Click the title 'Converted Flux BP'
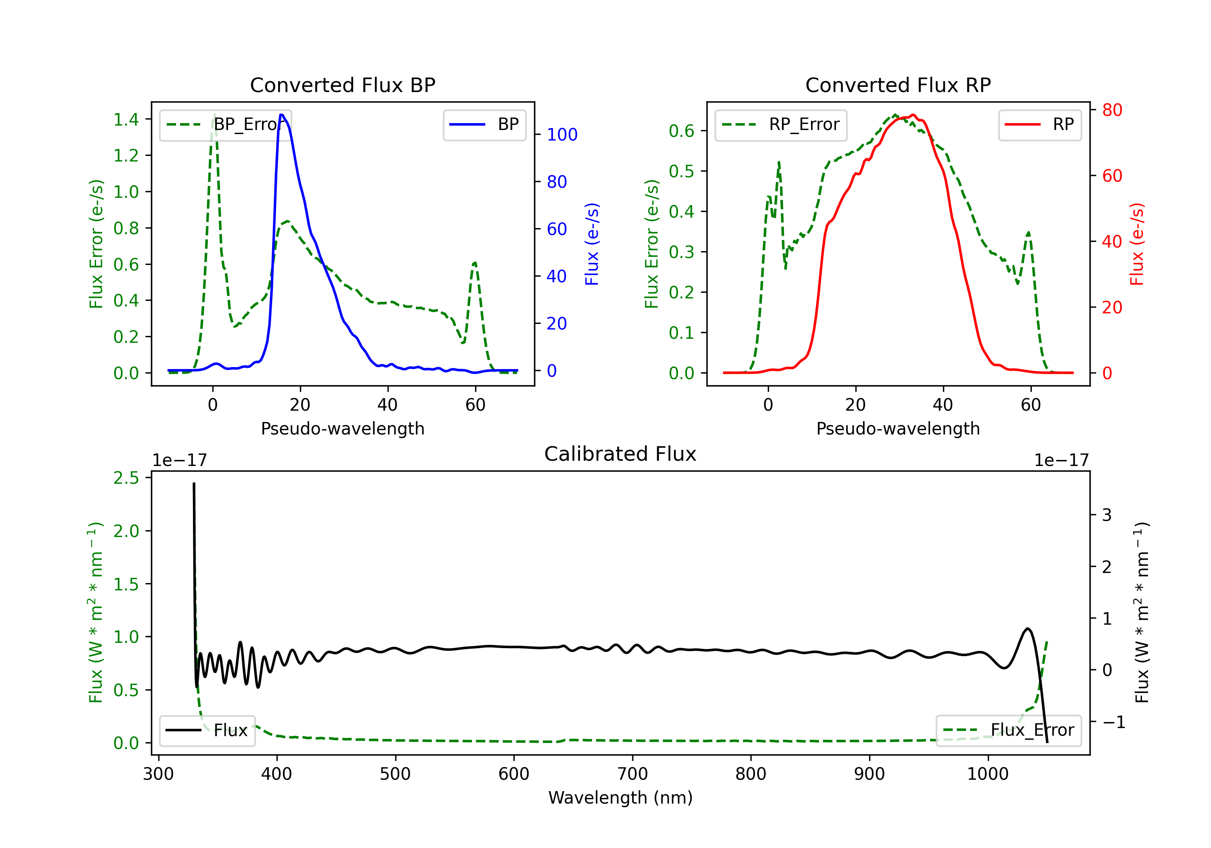[342, 85]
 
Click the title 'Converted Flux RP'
[898, 85]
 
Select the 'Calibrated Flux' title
[620, 454]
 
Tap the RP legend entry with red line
[1039, 124]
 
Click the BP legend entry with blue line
[484, 124]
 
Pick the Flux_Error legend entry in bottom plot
[1008, 730]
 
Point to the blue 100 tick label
[562, 134]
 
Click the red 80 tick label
[1112, 110]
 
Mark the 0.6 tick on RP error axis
[681, 130]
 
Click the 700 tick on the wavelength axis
[633, 774]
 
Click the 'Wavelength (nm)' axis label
[620, 798]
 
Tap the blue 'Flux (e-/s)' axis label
[592, 244]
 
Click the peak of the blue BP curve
[281, 115]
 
